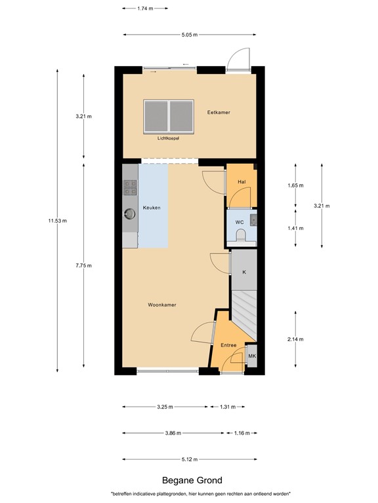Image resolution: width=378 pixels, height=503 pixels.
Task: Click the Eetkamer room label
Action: point(219,112)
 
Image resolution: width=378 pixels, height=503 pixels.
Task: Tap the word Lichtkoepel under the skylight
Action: point(168,138)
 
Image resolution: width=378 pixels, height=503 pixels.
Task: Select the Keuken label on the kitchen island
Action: point(152,208)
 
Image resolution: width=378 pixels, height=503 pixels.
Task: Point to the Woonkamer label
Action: point(161,305)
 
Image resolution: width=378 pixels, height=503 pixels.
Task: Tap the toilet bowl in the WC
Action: point(241,236)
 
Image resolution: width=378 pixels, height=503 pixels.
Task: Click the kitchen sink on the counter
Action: point(129,212)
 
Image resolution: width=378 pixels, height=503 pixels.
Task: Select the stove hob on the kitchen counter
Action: point(130,189)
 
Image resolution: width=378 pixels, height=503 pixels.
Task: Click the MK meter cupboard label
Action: point(251,356)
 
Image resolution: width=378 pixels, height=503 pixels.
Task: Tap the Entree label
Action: point(228,345)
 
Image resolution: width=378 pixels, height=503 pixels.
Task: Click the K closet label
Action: point(243,271)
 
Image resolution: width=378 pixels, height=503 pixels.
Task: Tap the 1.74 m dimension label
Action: point(145,9)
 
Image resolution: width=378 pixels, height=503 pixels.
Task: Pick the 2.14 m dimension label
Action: point(296,339)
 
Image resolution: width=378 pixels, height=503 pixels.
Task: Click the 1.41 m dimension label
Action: point(296,228)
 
